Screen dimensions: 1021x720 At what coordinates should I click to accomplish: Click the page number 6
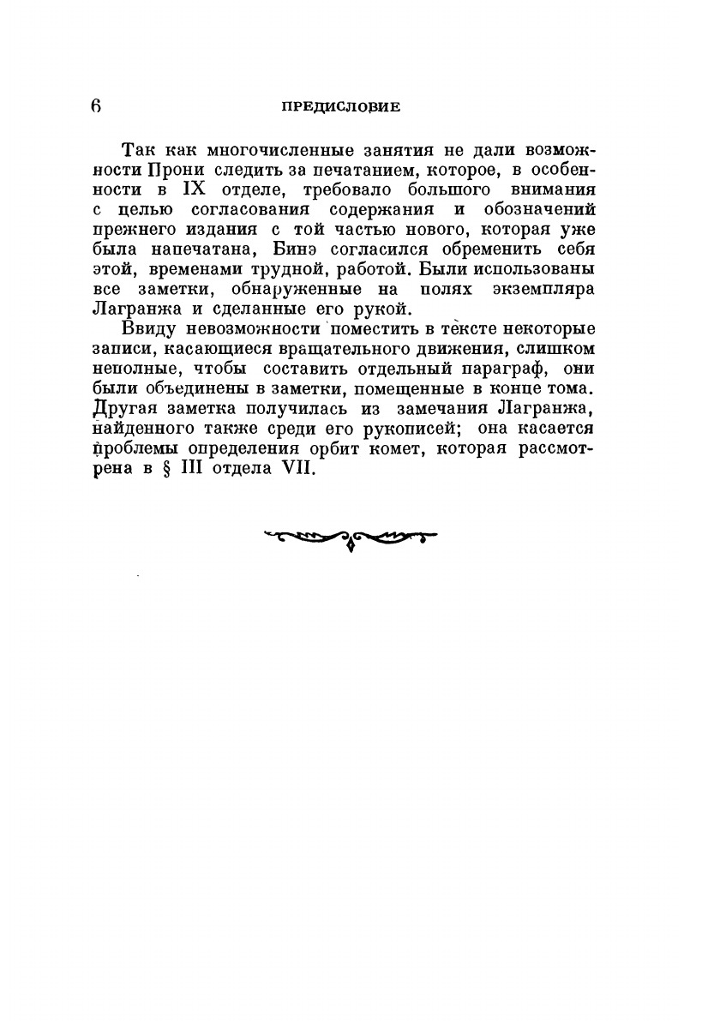(x=96, y=106)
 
